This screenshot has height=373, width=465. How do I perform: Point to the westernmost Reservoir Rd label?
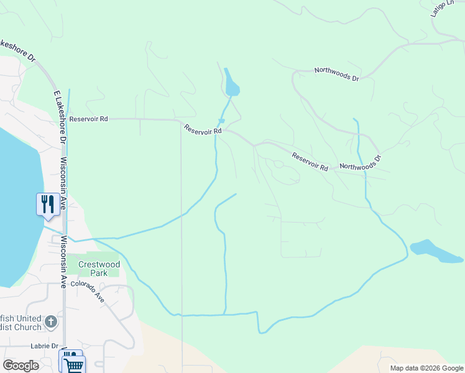(89, 119)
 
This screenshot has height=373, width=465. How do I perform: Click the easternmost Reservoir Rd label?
(309, 162)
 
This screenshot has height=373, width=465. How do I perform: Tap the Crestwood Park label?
(99, 269)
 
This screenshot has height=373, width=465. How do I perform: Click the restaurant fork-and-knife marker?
(48, 203)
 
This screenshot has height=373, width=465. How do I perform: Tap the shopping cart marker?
(73, 364)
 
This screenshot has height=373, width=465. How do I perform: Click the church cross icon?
(51, 322)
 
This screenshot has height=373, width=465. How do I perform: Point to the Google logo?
(21, 366)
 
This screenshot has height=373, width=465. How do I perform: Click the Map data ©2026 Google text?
(426, 368)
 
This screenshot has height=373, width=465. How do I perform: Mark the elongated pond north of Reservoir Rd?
(231, 83)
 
